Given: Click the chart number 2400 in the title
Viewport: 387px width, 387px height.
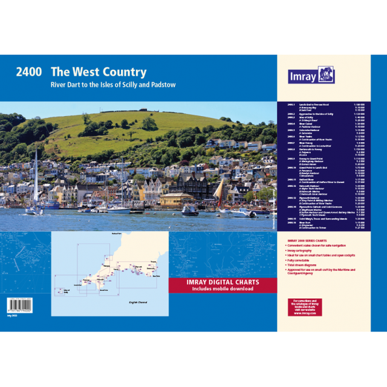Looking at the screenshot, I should pos(28,72).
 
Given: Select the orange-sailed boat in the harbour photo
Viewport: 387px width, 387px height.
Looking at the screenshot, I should pos(218,193).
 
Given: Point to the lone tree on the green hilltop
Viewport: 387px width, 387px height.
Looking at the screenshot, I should pos(149,123).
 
